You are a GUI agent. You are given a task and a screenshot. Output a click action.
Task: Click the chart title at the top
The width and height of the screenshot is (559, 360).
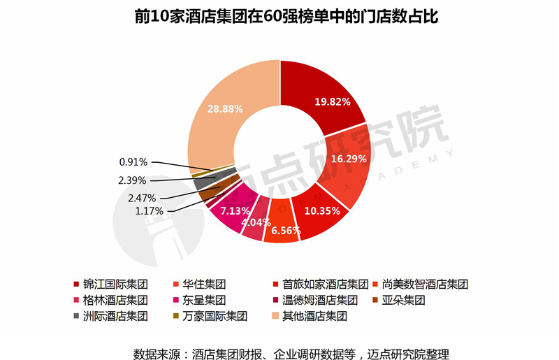[x=279, y=16]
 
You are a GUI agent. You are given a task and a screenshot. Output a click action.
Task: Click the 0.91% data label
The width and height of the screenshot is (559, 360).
[x=133, y=162]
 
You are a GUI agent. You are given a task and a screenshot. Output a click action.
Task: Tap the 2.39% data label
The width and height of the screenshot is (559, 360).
[x=133, y=180]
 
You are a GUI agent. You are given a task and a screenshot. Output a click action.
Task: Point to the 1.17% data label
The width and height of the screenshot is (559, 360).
[x=149, y=210]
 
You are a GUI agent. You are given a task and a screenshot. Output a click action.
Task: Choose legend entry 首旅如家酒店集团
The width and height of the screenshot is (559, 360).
[x=325, y=285]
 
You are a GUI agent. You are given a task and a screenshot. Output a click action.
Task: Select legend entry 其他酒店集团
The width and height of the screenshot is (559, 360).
[x=314, y=316]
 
